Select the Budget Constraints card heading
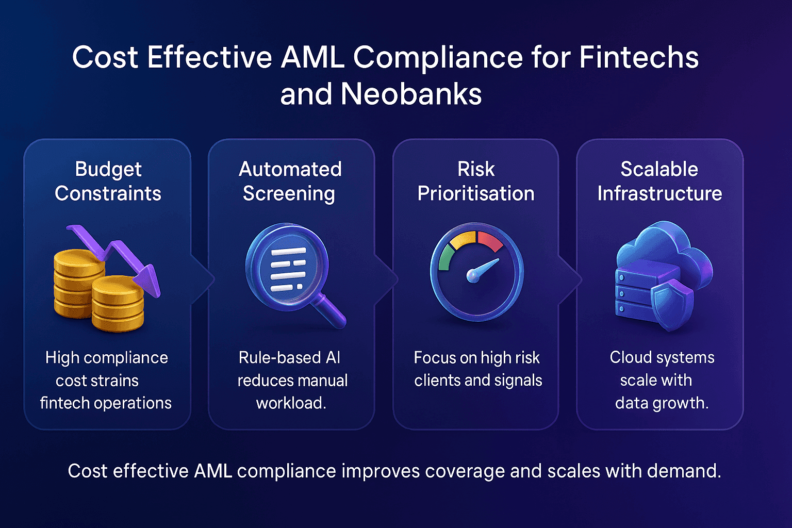(x=108, y=181)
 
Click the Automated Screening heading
(x=290, y=181)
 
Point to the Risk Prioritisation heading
(x=475, y=181)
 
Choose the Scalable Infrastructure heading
(x=659, y=181)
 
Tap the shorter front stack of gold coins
(x=118, y=304)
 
